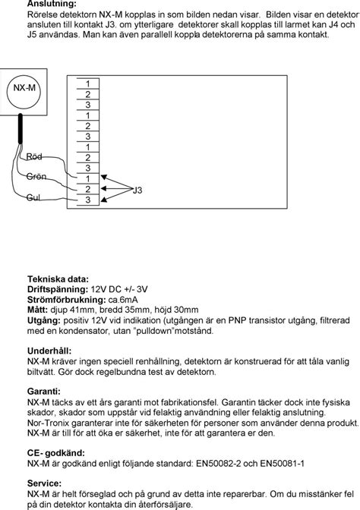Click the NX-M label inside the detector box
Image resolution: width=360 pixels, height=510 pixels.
(x=25, y=87)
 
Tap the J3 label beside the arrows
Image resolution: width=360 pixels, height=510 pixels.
(x=137, y=190)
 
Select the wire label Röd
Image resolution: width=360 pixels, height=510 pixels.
(x=34, y=156)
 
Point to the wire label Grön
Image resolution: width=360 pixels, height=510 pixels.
(x=36, y=176)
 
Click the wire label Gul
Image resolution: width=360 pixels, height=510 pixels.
(x=33, y=197)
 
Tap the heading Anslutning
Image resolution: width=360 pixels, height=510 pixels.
(x=51, y=4)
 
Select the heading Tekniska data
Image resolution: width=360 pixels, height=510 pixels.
(x=58, y=279)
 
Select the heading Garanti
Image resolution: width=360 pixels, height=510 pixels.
(x=43, y=392)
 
